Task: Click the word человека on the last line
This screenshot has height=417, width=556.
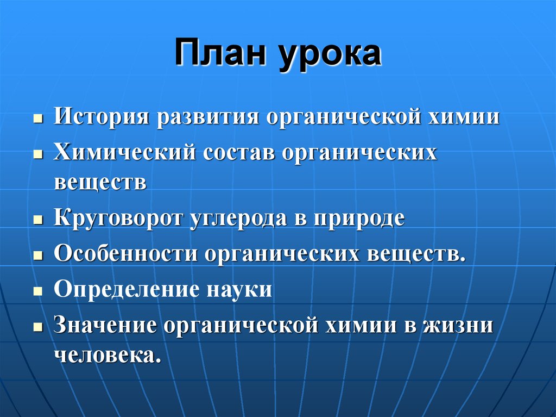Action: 108,355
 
